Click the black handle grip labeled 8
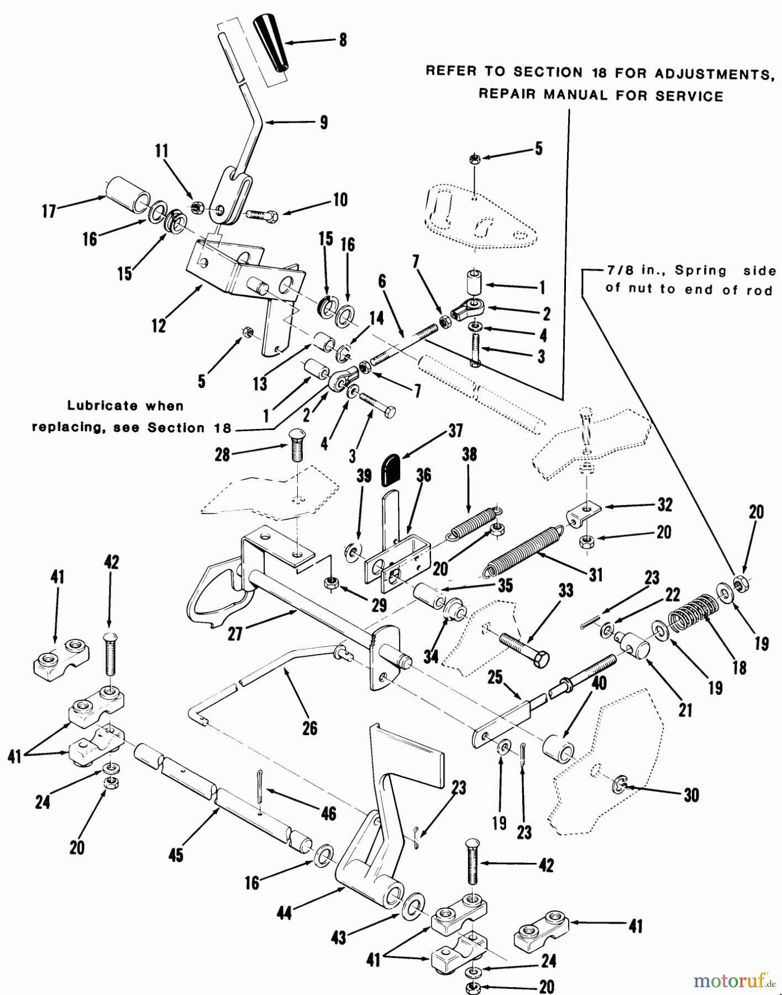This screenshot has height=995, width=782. (x=271, y=43)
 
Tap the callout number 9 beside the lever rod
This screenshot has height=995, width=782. (x=323, y=122)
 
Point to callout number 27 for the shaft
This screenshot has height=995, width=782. (x=235, y=633)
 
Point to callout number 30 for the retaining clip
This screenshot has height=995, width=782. (x=691, y=795)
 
